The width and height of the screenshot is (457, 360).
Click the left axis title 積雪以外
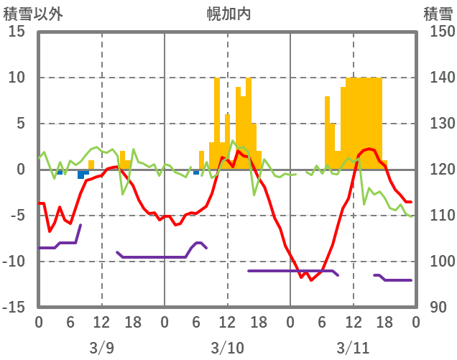tap(32, 13)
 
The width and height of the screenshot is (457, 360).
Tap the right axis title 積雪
tap(438, 13)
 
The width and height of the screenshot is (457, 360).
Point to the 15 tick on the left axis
tap(17, 32)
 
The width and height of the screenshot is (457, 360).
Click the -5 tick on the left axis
tap(17, 216)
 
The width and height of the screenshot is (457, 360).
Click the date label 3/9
tap(101, 349)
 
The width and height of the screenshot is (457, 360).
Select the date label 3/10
tap(227, 349)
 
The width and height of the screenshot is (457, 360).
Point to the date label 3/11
tap(353, 349)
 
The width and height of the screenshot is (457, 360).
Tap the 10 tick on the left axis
tap(17, 78)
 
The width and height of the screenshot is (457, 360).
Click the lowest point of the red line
tap(311, 280)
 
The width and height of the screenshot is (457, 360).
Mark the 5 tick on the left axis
tap(21, 124)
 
